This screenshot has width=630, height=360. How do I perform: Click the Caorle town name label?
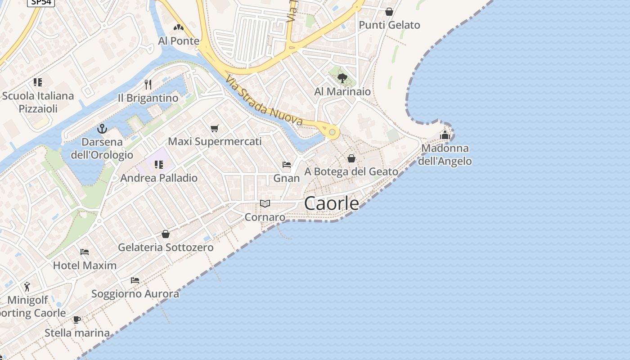(x=332, y=203)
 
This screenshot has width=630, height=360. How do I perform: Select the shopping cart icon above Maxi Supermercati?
(x=215, y=129)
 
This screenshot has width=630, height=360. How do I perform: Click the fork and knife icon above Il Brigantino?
(x=148, y=84)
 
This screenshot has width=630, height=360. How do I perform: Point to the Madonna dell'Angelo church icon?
(x=445, y=135)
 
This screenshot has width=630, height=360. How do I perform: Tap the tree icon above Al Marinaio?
(x=342, y=78)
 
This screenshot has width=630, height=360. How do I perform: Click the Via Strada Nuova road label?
(x=264, y=101)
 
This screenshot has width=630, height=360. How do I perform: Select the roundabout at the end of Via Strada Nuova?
(x=332, y=132)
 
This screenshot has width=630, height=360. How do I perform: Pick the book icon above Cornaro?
(x=265, y=204)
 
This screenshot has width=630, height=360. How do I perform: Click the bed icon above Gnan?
(x=287, y=165)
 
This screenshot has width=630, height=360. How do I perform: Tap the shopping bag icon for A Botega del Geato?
(x=351, y=158)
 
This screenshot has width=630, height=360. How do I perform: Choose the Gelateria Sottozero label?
(x=166, y=247)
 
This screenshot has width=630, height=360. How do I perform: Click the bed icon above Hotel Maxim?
(x=85, y=252)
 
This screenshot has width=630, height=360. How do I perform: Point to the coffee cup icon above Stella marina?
(x=77, y=319)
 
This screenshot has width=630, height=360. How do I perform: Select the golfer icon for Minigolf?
(x=27, y=286)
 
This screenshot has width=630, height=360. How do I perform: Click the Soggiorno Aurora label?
(x=135, y=294)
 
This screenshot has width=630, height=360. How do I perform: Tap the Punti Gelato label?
(x=389, y=25)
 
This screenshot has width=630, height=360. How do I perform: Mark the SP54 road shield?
(x=41, y=2)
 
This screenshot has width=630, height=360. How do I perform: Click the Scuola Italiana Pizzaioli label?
(x=38, y=102)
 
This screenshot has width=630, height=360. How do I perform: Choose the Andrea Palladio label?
(x=159, y=178)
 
